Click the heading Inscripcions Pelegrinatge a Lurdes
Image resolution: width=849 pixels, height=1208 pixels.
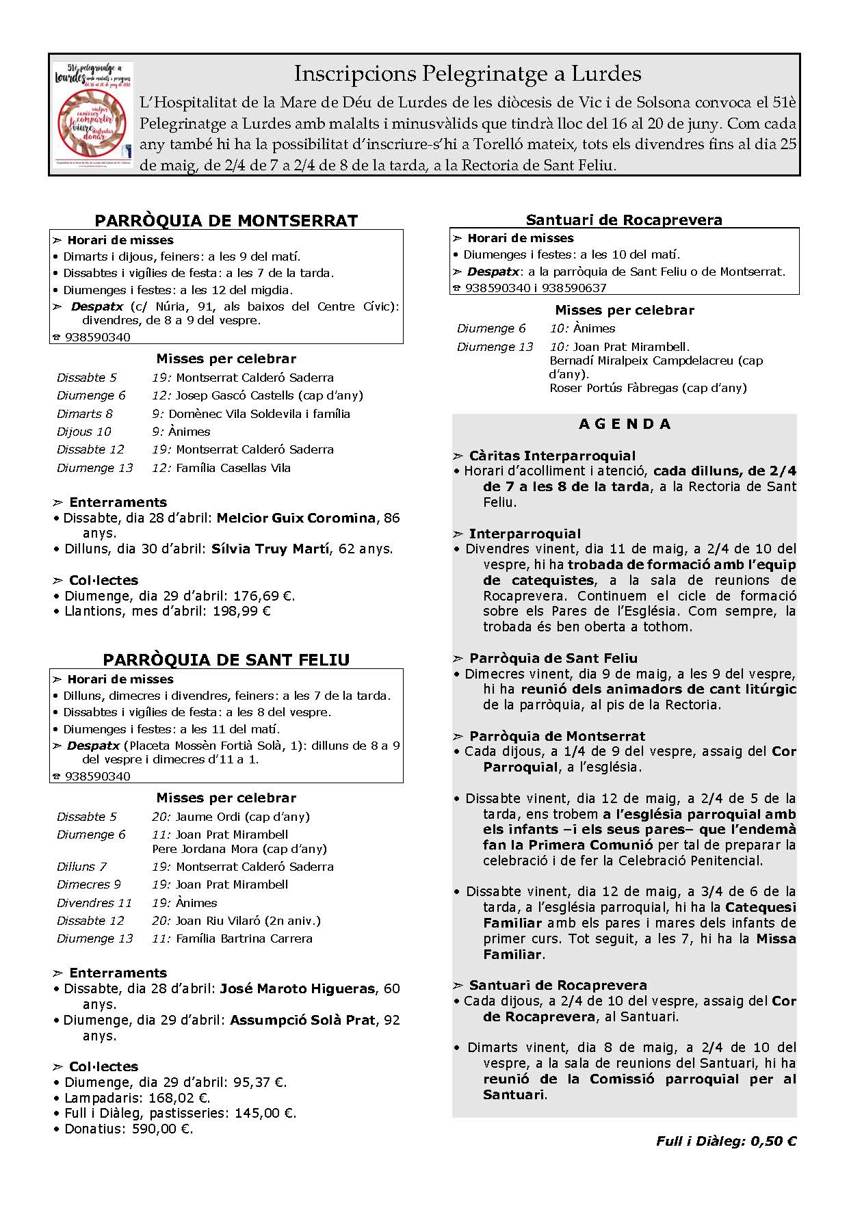coord(468,73)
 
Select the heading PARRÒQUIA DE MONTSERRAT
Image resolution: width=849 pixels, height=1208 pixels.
coord(226,220)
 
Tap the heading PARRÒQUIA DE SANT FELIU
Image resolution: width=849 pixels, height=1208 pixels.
coord(226,659)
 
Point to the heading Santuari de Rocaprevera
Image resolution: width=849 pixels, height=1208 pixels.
coord(624,220)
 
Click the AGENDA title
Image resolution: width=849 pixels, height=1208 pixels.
coord(625,424)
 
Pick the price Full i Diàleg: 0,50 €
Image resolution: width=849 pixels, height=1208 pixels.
coord(726,1141)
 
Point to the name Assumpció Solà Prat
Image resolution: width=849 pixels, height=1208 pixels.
coord(302,1020)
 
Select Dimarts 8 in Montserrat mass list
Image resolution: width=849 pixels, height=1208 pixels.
coord(85,414)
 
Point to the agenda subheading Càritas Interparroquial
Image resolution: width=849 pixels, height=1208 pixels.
coord(552,456)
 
